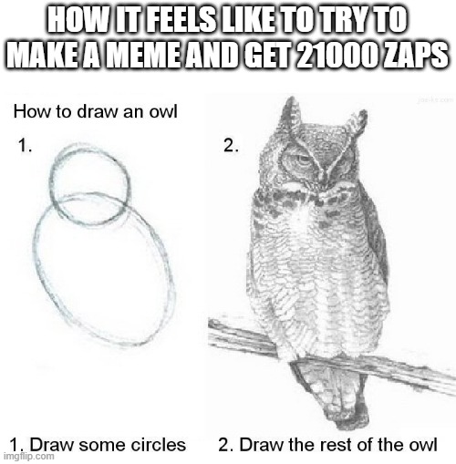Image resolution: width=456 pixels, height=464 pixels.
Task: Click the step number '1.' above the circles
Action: [x=26, y=144]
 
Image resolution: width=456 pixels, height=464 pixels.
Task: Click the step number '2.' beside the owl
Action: [x=232, y=144]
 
